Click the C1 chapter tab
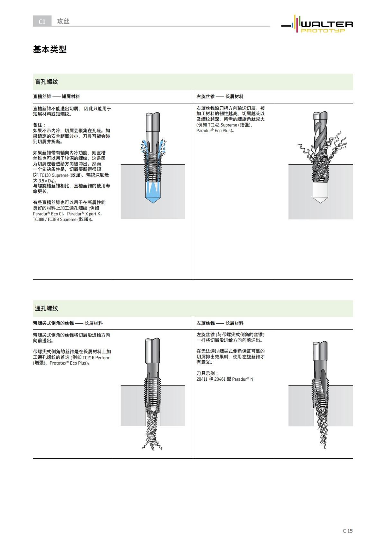coord(42,22)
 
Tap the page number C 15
coord(347,531)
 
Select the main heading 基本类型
coord(50,49)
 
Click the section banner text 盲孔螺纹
coord(46,82)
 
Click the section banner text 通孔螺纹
coord(46,308)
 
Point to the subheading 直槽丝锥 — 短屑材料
coord(56,96)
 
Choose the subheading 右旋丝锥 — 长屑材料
coord(220,96)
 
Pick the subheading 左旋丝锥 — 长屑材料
coord(220,323)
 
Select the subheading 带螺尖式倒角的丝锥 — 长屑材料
coord(68,323)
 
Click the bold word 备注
coord(39,125)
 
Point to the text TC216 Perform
coord(96,357)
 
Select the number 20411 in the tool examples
coord(202,379)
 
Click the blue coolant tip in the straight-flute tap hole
coord(152,195)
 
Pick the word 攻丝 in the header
coord(63,21)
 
